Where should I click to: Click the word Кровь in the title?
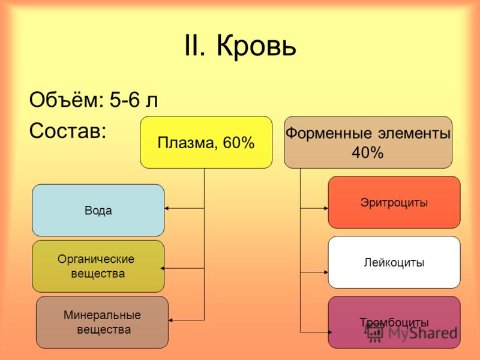tap(256, 46)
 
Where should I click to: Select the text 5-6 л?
tap(134, 100)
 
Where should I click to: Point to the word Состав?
tap(68, 130)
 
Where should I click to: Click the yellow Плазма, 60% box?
tap(206, 142)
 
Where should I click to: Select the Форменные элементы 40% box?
tap(368, 142)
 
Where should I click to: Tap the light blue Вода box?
tap(98, 210)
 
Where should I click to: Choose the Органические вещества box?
tap(98, 266)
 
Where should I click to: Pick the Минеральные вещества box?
tap(102, 322)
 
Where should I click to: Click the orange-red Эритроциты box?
tap(394, 202)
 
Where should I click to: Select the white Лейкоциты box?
tap(394, 262)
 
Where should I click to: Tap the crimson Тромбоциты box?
tap(394, 322)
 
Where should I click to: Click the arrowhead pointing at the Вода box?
tap(167, 208)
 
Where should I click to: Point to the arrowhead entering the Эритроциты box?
tap(326, 208)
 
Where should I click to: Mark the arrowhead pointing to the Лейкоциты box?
tap(326, 272)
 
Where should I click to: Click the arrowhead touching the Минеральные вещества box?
tap(170, 320)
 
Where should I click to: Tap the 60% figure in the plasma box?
tap(238, 142)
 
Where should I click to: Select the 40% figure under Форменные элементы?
tap(367, 152)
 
